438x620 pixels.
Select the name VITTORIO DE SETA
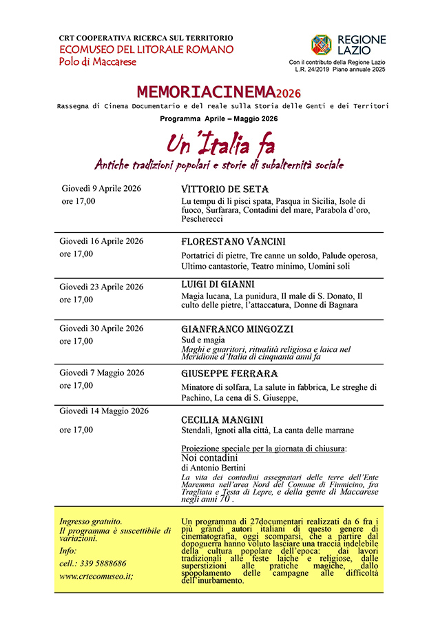[225, 189]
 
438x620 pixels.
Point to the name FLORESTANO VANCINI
[233, 242]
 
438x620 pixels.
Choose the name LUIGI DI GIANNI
[218, 284]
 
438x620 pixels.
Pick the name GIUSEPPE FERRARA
[229, 373]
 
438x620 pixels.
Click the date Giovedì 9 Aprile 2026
[101, 188]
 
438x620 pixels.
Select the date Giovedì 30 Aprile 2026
[102, 328]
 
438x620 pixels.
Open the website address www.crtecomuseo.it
[96, 576]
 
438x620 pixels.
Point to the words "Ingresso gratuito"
[91, 521]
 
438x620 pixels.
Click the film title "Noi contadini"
[209, 457]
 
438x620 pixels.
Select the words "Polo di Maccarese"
[98, 62]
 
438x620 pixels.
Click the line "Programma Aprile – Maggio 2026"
[219, 119]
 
